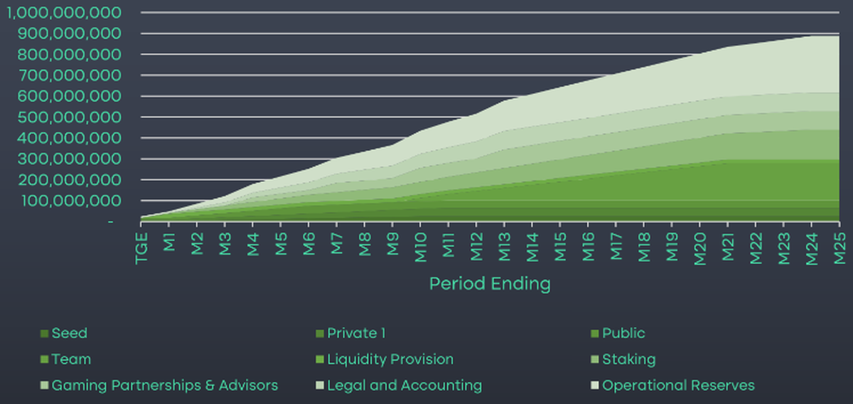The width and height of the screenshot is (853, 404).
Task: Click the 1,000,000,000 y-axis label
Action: click(61, 13)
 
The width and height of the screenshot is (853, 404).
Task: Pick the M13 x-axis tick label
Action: click(505, 244)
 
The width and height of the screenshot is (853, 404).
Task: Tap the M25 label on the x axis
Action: click(839, 244)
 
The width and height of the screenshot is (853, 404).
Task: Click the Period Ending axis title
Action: click(490, 284)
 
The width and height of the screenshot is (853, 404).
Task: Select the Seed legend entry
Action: click(69, 333)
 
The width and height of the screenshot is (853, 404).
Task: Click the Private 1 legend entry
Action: click(355, 333)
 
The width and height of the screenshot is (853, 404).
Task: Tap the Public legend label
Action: click(623, 333)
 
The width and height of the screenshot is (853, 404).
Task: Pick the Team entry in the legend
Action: click(71, 359)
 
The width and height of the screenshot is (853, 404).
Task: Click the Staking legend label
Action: click(628, 359)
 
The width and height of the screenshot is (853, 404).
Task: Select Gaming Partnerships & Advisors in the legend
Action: click(165, 386)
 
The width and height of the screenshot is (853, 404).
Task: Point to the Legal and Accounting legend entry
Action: click(404, 386)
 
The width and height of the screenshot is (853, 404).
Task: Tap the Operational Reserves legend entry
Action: click(678, 386)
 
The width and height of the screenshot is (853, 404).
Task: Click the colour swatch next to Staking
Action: click(595, 360)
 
